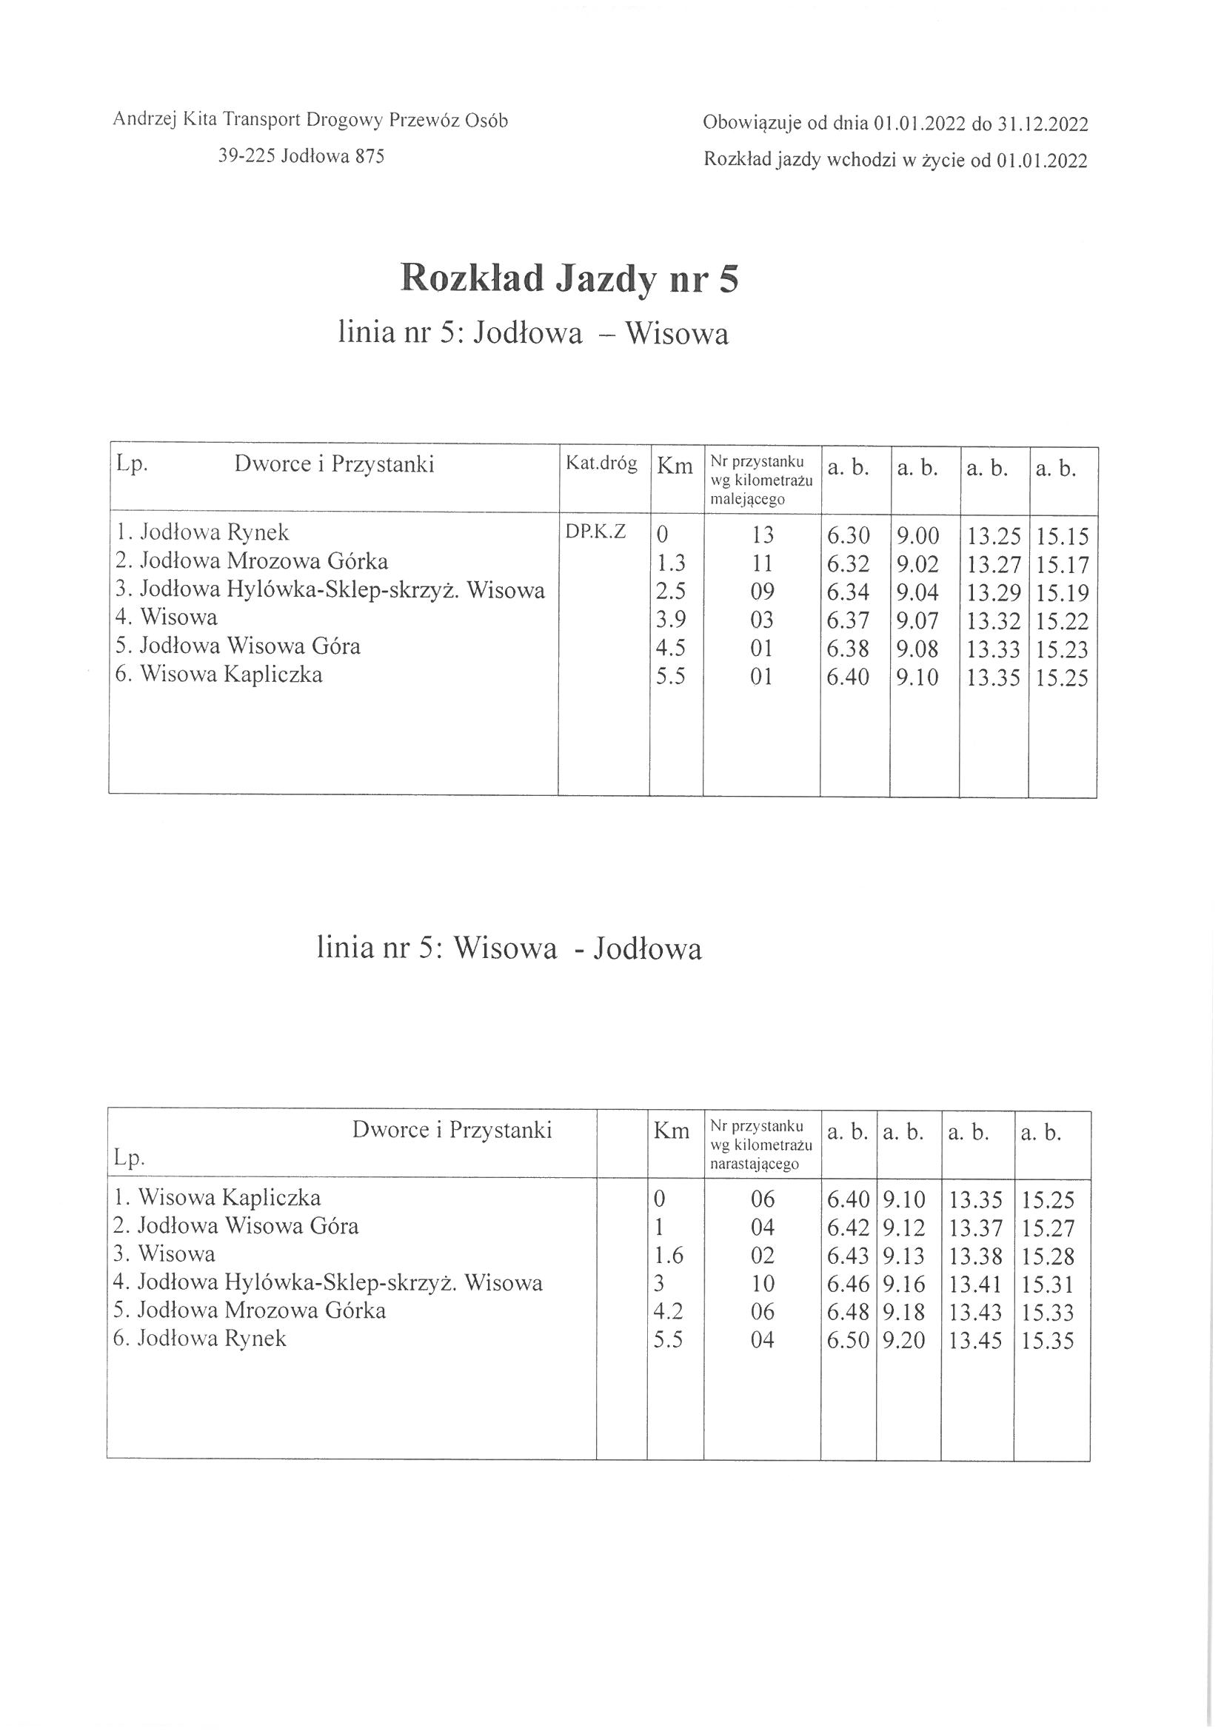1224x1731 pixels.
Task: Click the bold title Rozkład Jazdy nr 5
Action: [569, 278]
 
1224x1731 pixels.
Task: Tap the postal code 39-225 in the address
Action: [246, 156]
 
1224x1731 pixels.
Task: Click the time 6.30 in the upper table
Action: [848, 535]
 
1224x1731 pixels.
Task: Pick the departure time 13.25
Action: [993, 536]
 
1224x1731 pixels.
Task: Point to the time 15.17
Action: [1062, 565]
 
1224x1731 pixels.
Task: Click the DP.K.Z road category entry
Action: [595, 532]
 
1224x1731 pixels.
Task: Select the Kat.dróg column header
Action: [601, 463]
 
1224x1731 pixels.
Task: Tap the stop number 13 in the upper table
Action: [762, 535]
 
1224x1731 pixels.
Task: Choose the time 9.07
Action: [917, 621]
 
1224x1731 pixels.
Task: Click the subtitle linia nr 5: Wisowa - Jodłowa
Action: [509, 948]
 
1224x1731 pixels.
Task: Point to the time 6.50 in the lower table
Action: [848, 1342]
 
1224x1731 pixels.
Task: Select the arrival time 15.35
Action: [1048, 1342]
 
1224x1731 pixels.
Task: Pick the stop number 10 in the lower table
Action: [763, 1284]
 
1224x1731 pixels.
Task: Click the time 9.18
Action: [903, 1313]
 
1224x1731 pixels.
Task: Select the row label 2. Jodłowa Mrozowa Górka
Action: [252, 562]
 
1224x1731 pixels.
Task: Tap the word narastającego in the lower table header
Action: [754, 1165]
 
